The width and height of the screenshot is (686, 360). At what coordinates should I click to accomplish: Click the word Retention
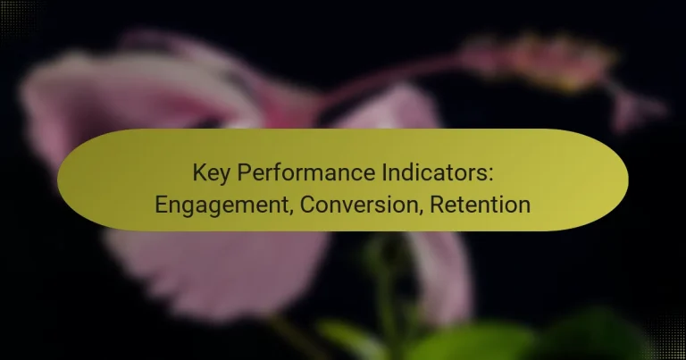[481, 205]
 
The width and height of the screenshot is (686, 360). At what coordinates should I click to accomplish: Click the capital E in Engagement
[162, 205]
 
